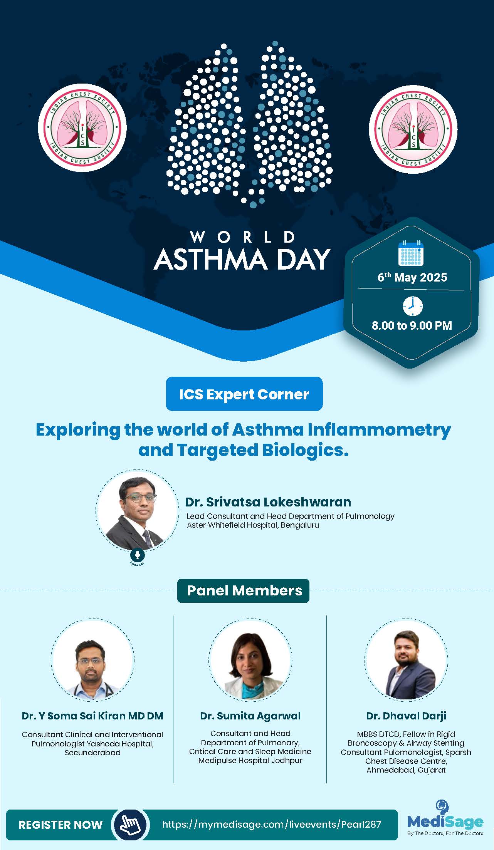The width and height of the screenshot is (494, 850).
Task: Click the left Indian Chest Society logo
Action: [82, 127]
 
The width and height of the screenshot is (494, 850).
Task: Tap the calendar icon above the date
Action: [411, 253]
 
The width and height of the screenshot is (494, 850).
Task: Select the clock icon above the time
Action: [412, 306]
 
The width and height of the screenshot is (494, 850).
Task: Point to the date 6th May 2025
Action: [412, 277]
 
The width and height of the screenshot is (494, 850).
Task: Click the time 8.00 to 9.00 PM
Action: [412, 325]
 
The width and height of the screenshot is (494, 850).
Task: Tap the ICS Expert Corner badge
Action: [244, 394]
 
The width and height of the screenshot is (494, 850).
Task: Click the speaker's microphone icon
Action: [137, 555]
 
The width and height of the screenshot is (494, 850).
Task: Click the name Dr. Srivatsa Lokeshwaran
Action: [268, 502]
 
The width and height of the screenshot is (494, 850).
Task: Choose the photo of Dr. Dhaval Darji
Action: [406, 660]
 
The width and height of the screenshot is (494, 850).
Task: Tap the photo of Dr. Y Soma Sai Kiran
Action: [92, 660]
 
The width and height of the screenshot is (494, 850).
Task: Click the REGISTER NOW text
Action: [60, 825]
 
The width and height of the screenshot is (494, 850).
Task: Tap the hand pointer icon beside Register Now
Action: [130, 825]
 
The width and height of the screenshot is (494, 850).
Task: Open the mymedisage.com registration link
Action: [272, 824]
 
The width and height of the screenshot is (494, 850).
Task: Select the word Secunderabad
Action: [92, 753]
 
